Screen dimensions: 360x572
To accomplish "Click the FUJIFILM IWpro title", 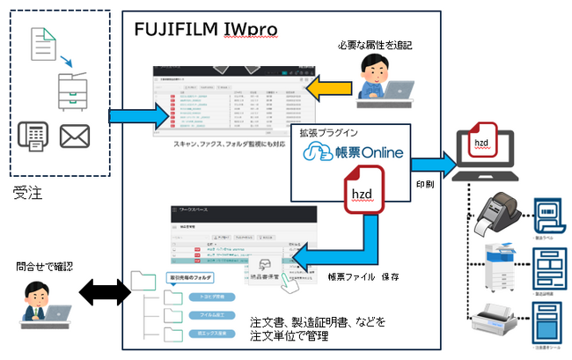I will pos(205,30).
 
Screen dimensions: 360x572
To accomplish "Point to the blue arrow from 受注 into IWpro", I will pos(133,115).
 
